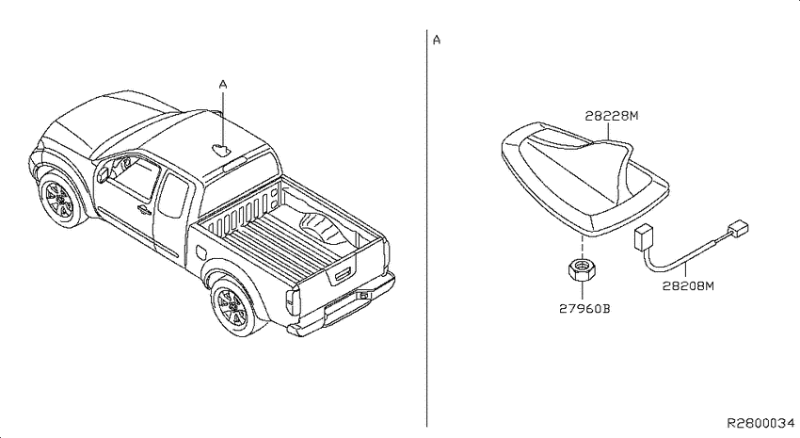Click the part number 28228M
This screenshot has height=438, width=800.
(x=611, y=116)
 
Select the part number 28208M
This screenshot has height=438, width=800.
(x=688, y=285)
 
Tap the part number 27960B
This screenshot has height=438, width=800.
(x=584, y=309)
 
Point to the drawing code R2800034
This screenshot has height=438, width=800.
(x=760, y=423)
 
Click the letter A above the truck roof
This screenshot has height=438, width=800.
(x=223, y=84)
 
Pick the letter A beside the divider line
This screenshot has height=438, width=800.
(x=436, y=40)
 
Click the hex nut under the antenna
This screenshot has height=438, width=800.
(x=583, y=269)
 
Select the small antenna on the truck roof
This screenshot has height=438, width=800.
(x=220, y=150)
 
